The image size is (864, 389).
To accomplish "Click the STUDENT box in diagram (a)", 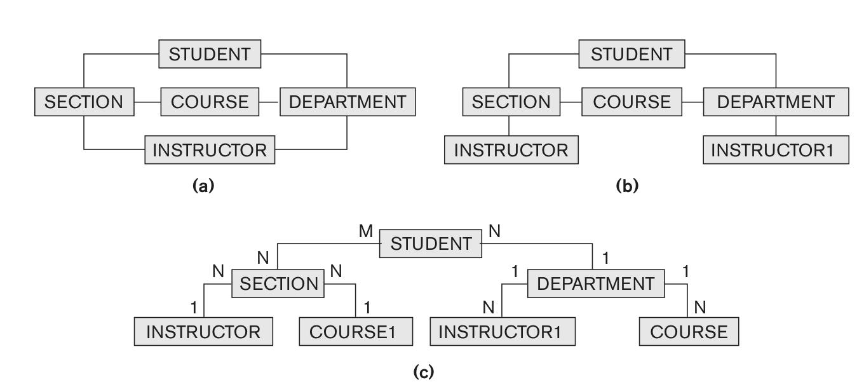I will pyautogui.click(x=210, y=54).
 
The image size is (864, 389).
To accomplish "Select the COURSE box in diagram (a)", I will pyautogui.click(x=210, y=102).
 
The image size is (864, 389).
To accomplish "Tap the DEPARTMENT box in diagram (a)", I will pyautogui.click(x=348, y=102).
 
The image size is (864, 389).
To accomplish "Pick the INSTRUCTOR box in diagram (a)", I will pyautogui.click(x=210, y=150).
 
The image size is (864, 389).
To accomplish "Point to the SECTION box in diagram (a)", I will pyautogui.click(x=84, y=102).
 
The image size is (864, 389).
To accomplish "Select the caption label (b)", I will pyautogui.click(x=627, y=186).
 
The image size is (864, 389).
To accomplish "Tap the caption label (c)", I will pyautogui.click(x=424, y=372).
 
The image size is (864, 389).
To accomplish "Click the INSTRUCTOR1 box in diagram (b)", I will pyautogui.click(x=775, y=150).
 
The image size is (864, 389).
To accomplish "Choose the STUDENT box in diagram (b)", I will pyautogui.click(x=631, y=54).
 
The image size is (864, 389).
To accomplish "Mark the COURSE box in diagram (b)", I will pyautogui.click(x=631, y=102).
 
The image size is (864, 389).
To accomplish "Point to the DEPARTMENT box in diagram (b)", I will pyautogui.click(x=775, y=102).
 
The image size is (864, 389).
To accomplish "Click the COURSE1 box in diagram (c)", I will pyautogui.click(x=356, y=332).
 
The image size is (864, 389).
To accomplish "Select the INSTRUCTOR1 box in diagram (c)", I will pyautogui.click(x=503, y=332).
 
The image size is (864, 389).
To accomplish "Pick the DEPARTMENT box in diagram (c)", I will pyautogui.click(x=596, y=283).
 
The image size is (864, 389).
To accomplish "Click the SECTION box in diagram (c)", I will pyautogui.click(x=278, y=283).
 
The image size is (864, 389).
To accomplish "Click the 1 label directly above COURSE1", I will pyautogui.click(x=367, y=308).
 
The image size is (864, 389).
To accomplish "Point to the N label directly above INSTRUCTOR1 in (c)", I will pyautogui.click(x=489, y=308).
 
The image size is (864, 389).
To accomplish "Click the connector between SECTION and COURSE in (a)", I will pyautogui.click(x=147, y=102).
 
